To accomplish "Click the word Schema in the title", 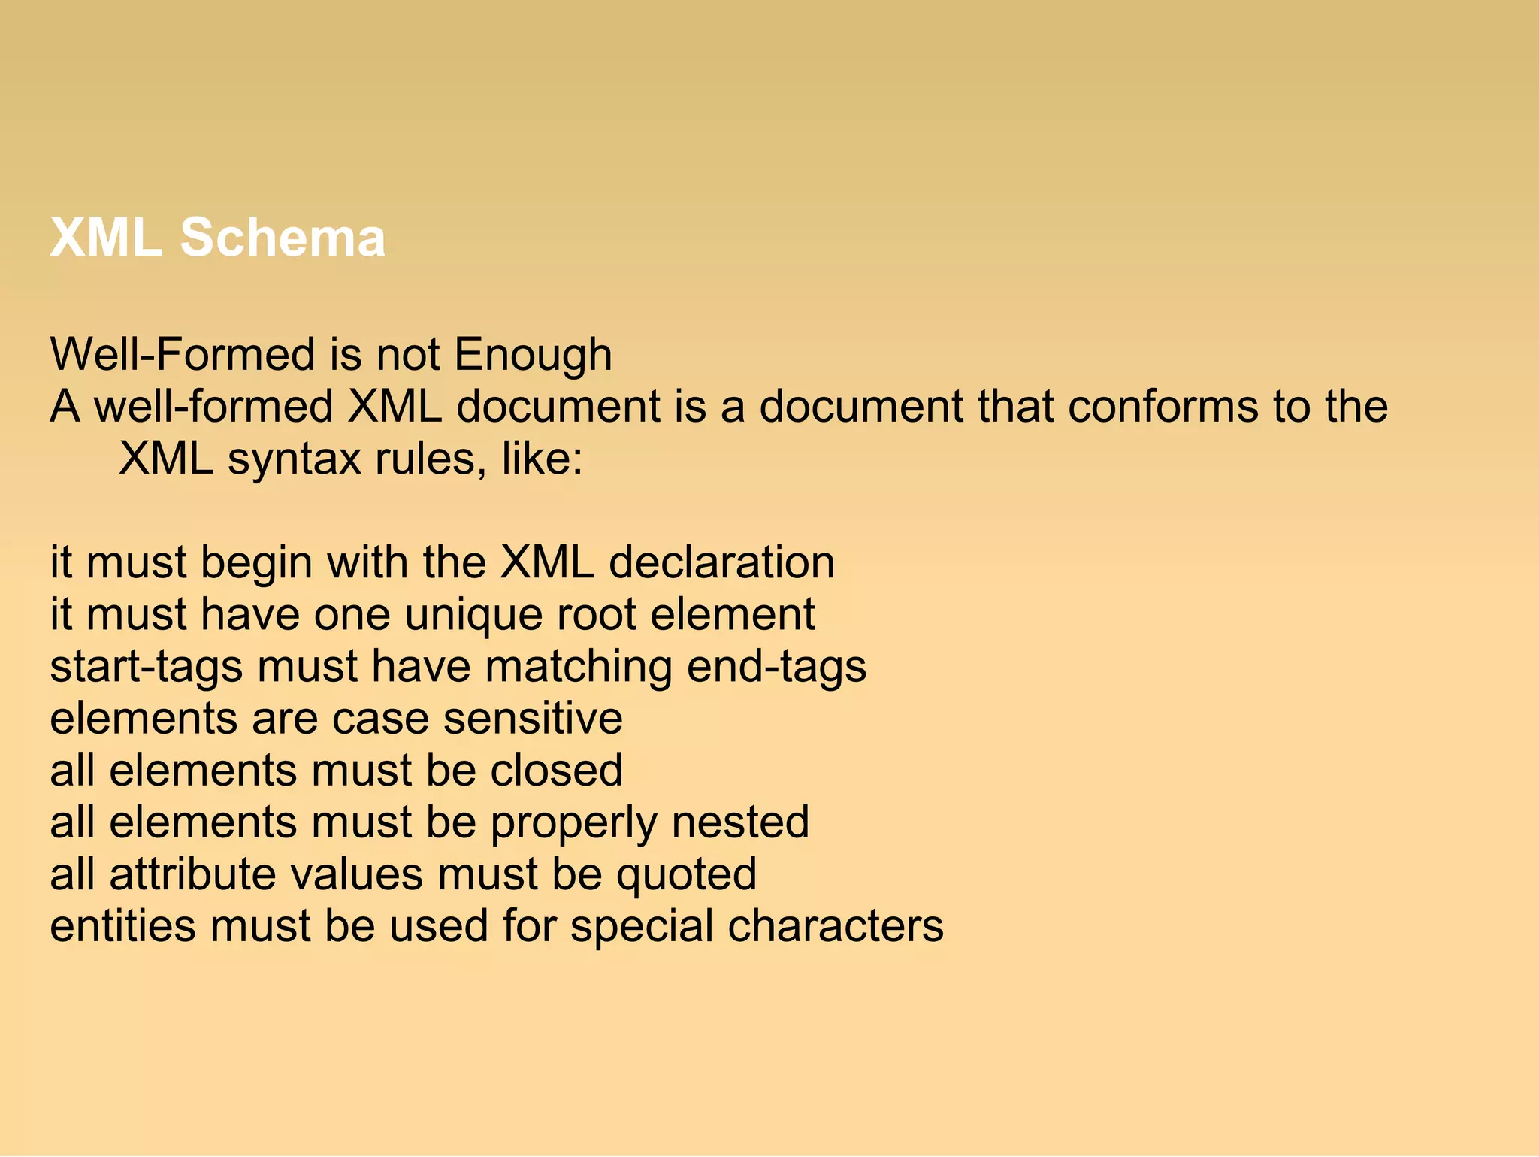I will [x=283, y=238].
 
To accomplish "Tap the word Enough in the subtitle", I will [x=533, y=355].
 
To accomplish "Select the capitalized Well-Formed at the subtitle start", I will [x=180, y=355].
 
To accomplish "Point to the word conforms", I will [x=1163, y=407].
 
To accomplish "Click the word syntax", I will [x=295, y=459].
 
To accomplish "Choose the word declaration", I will [x=721, y=563].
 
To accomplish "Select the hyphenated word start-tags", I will [x=147, y=667].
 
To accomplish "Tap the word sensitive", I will [x=533, y=719].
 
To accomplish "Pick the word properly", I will [x=573, y=822].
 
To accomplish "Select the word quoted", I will [x=686, y=874].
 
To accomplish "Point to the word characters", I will [x=835, y=926].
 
